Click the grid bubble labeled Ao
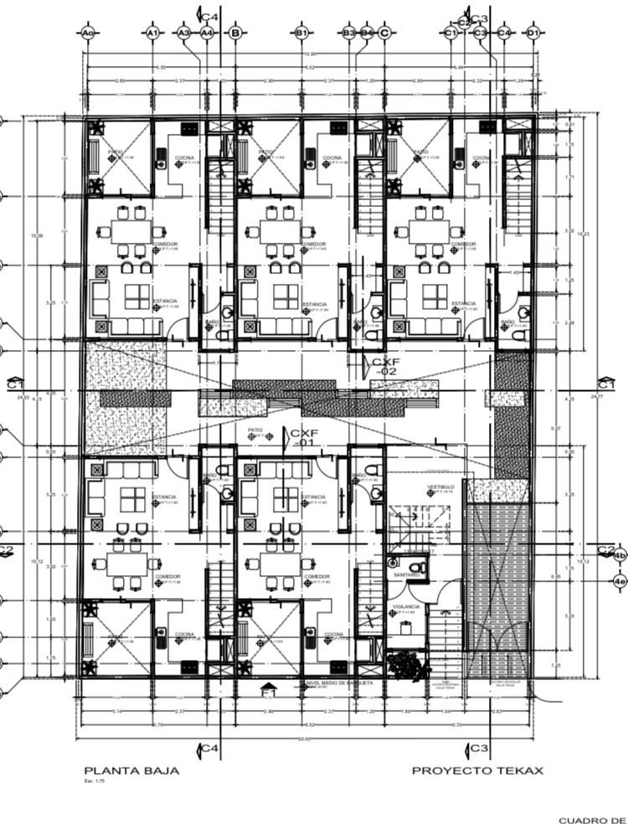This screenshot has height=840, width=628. pyautogui.click(x=87, y=33)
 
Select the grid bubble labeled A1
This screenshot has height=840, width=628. pyautogui.click(x=152, y=33)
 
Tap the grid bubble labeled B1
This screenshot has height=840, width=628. pyautogui.click(x=301, y=33)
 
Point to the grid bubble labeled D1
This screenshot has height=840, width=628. pyautogui.click(x=533, y=33)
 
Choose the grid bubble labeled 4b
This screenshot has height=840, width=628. pyautogui.click(x=619, y=555)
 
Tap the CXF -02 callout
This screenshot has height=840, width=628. pyautogui.click(x=384, y=365)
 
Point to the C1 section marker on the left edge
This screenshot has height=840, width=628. pyautogui.click(x=13, y=383)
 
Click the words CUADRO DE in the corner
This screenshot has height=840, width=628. pyautogui.click(x=593, y=821)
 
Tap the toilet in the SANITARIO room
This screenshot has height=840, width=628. pyautogui.click(x=421, y=567)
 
